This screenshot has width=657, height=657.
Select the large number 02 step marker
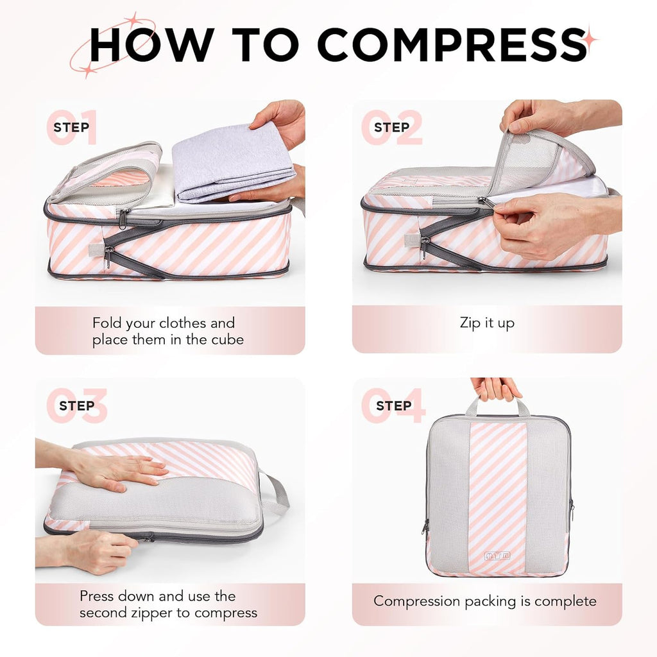tap(391, 127)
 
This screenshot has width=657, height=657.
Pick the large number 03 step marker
tap(76, 405)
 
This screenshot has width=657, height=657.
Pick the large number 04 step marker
tap(393, 405)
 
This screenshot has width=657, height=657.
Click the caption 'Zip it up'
tap(487, 323)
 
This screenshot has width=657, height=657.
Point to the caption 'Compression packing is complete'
tap(485, 601)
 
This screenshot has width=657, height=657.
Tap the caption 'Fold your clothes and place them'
tap(168, 331)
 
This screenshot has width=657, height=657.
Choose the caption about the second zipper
tap(168, 604)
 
